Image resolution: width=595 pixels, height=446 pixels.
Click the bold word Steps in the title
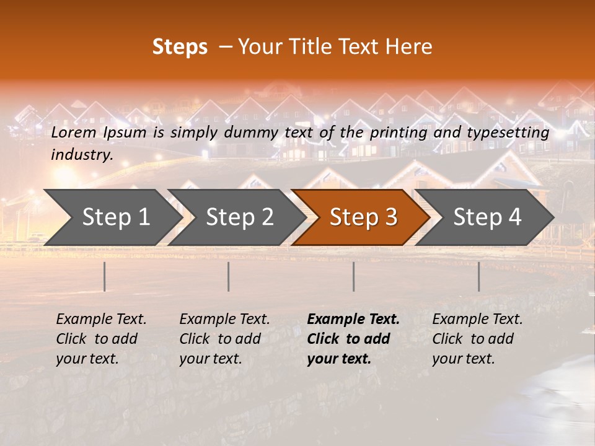pyautogui.click(x=180, y=47)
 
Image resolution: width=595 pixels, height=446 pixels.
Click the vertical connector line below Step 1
pyautogui.click(x=105, y=276)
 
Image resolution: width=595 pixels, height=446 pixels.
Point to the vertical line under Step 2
pyautogui.click(x=229, y=276)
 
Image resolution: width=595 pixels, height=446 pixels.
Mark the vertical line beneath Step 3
pyautogui.click(x=353, y=276)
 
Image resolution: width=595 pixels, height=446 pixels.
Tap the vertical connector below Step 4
pyautogui.click(x=478, y=276)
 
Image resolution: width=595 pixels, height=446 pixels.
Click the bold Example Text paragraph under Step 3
pyautogui.click(x=353, y=339)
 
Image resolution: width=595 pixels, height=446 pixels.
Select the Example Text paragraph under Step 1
pyautogui.click(x=101, y=339)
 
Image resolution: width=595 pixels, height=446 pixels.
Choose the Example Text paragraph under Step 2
pyautogui.click(x=224, y=339)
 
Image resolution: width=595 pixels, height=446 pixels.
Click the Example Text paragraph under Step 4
pyautogui.click(x=477, y=339)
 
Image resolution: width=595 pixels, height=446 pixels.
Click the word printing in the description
pyautogui.click(x=397, y=133)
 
